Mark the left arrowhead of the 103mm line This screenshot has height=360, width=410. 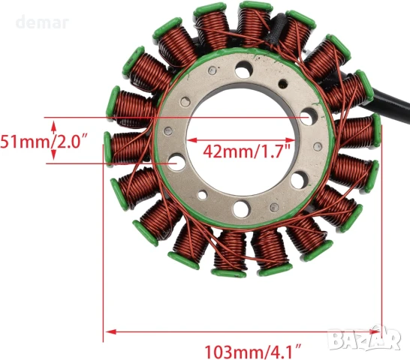pyautogui.click(x=108, y=330)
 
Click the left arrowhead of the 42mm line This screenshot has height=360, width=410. pyautogui.click(x=189, y=139)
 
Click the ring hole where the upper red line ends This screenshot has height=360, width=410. pyautogui.click(x=307, y=118)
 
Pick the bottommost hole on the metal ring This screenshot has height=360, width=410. pyautogui.click(x=241, y=208)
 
